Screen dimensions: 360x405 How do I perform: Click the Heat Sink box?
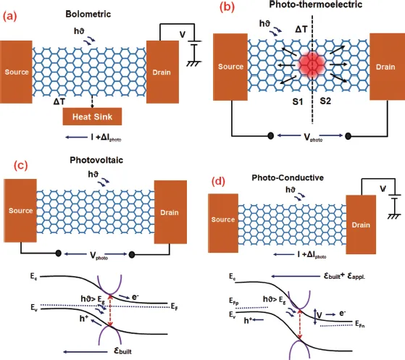93,116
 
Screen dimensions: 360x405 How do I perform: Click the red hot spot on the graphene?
312,67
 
